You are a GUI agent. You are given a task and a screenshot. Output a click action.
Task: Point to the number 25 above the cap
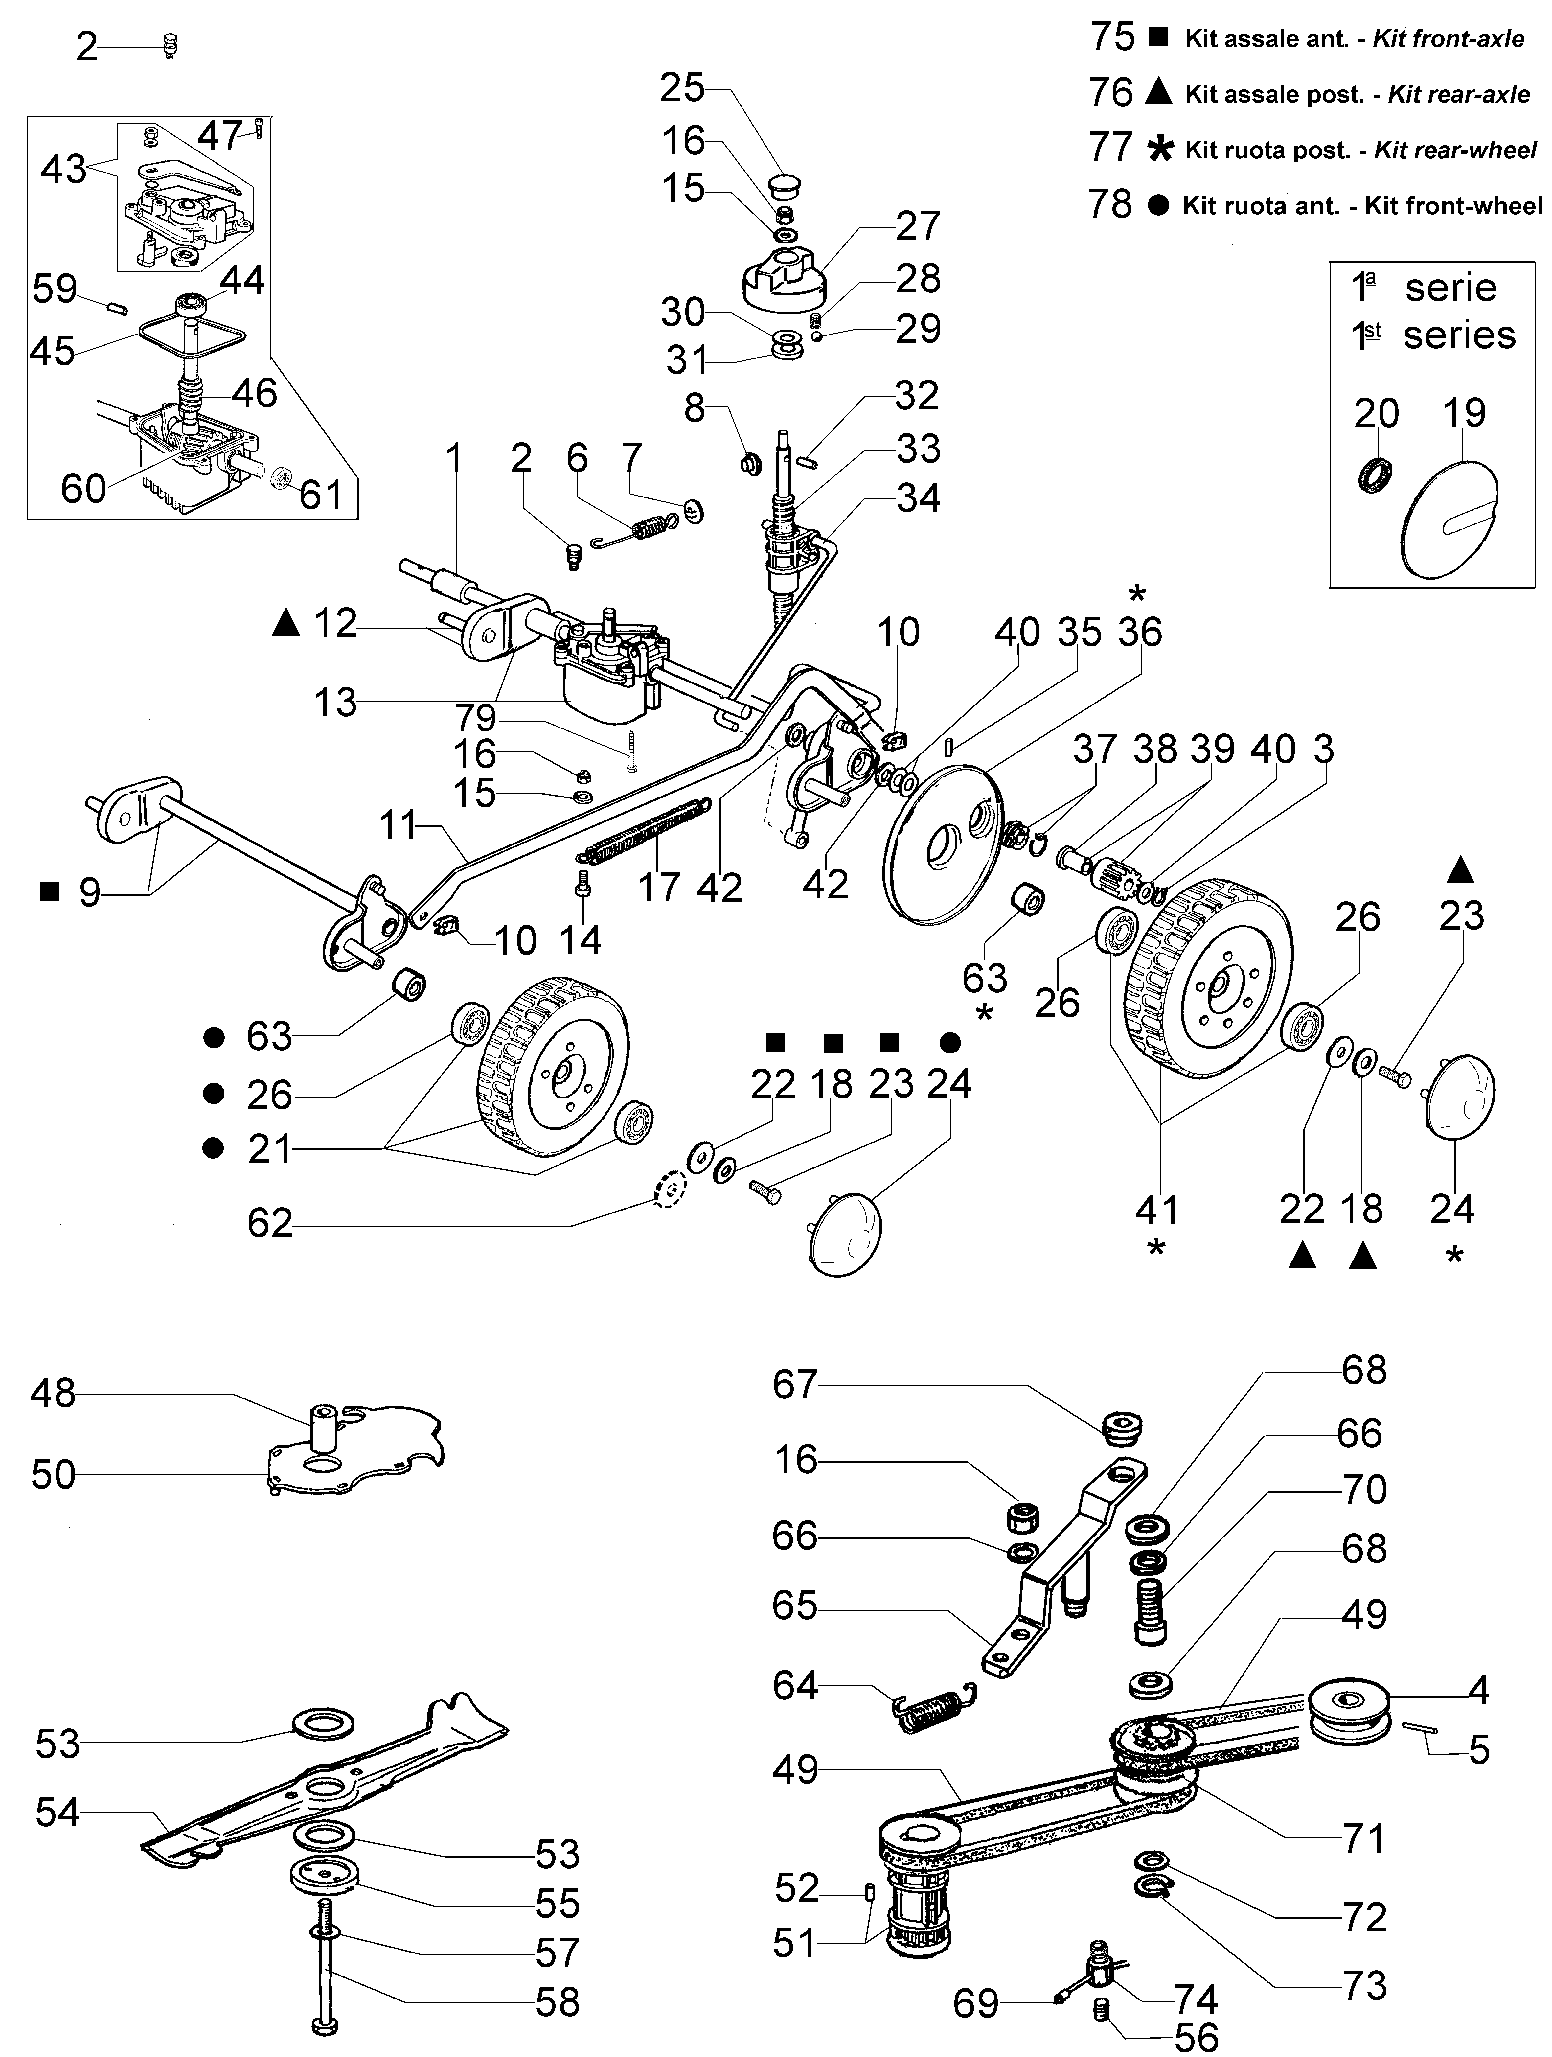coord(683,88)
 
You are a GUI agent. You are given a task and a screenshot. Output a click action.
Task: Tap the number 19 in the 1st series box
coord(1465,413)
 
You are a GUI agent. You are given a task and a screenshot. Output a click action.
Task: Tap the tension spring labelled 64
coord(935,1709)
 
